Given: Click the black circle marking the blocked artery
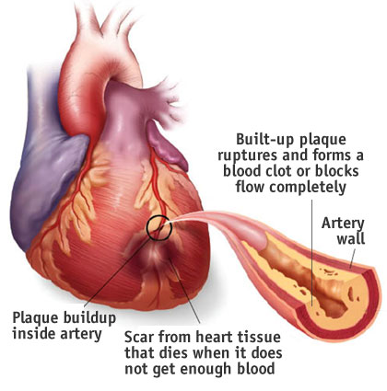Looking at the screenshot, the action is [147, 227].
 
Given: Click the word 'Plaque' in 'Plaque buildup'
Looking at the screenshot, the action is [35, 318].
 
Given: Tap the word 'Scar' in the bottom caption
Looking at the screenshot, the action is [138, 337].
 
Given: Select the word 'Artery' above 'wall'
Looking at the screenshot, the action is [343, 224].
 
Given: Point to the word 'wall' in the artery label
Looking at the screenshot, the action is [351, 238].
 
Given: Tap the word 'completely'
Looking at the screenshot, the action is [308, 188].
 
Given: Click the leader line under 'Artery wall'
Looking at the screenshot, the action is [352, 259].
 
